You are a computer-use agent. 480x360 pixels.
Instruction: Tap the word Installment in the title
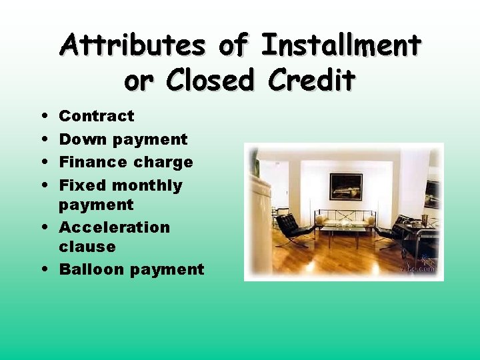(341, 46)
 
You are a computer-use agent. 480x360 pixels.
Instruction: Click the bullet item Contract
(97, 116)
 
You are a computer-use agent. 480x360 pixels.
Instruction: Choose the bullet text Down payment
(123, 139)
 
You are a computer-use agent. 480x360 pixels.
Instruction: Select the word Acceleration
(115, 227)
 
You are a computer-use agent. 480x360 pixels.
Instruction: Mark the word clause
(87, 247)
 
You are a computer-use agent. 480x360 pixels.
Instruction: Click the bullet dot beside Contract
(43, 117)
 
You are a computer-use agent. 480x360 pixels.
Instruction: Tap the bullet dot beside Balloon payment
(43, 270)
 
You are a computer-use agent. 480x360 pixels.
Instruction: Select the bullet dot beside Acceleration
(43, 228)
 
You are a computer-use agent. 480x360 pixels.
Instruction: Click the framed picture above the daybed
(346, 187)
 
